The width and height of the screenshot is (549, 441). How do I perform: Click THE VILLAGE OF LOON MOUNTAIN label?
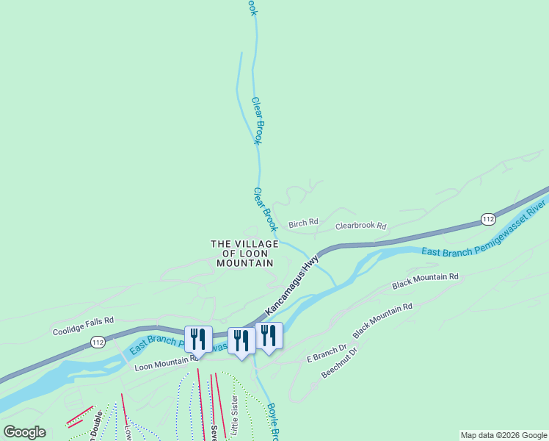click(244, 253)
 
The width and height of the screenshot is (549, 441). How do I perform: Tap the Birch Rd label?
click(303, 223)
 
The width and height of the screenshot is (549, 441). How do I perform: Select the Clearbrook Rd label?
click(360, 226)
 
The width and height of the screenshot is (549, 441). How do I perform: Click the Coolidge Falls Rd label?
click(83, 321)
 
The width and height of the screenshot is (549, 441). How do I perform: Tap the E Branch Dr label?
click(326, 353)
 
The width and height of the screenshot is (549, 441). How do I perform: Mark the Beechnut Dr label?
click(339, 363)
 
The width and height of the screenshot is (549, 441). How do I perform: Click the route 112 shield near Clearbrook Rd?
click(489, 219)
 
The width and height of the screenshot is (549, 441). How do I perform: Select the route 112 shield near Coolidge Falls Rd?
click(98, 343)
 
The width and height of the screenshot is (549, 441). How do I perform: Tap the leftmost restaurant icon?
click(198, 339)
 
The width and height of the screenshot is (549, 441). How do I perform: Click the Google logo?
click(24, 432)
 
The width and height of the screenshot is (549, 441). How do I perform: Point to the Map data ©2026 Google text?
click(503, 435)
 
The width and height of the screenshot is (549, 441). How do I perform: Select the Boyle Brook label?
click(271, 423)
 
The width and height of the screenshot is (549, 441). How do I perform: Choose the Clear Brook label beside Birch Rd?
click(264, 209)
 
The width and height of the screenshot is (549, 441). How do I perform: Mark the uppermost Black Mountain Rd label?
click(425, 280)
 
